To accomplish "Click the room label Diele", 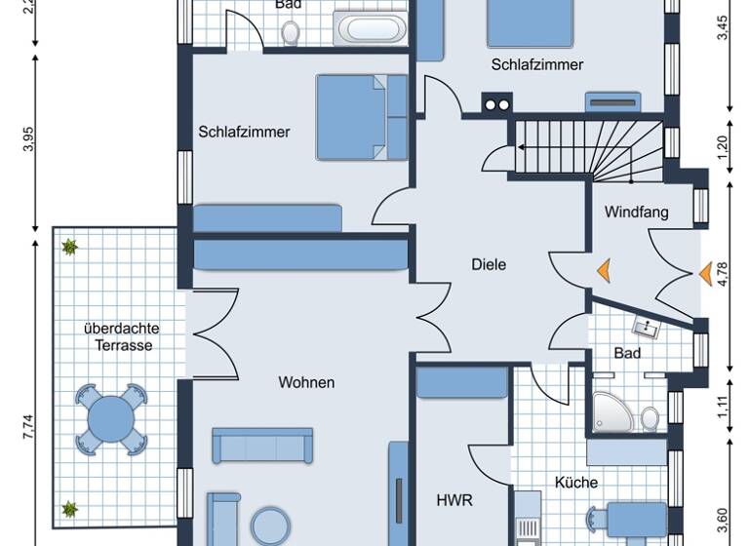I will pos(489,264).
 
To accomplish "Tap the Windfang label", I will pos(636,212).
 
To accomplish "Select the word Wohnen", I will pos(305,382).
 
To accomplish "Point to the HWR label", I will pos(454,500).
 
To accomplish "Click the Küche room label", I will pos(576,482).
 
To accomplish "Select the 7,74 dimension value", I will pos(28,428).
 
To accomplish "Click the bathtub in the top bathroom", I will pos(370,28).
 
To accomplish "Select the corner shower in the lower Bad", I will pos(611,413).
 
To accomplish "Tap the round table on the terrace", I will pos(111,419).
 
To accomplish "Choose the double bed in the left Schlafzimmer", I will pos(361,117).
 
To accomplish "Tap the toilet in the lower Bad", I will pos(650,418).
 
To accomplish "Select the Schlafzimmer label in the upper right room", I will pos(537,65).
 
